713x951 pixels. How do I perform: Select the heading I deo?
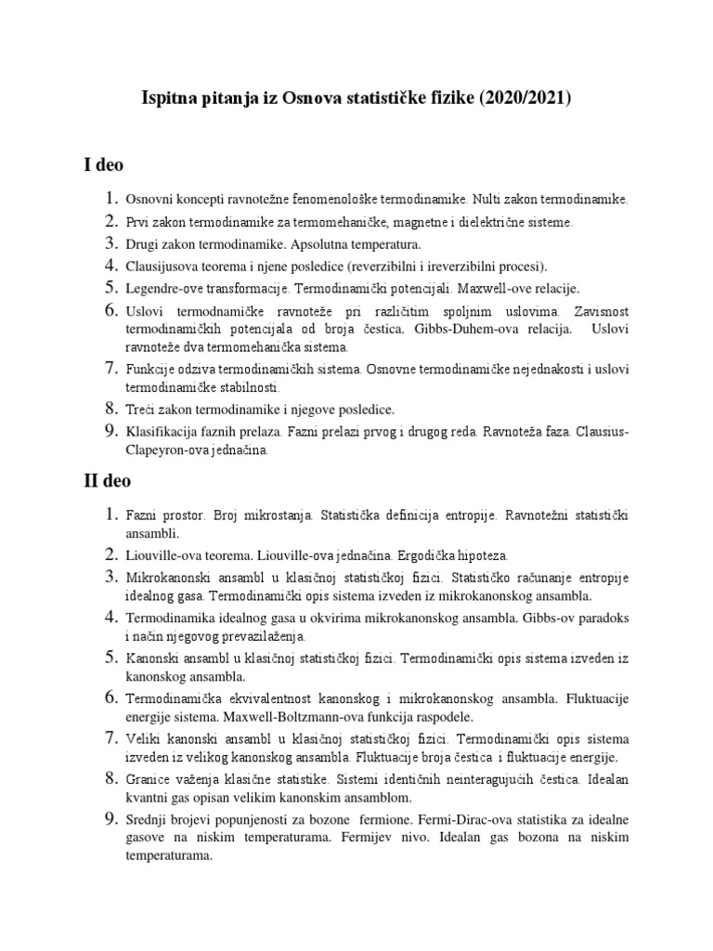[x=104, y=165]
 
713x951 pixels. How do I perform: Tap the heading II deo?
[x=108, y=481]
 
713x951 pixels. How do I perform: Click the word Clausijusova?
[x=164, y=267]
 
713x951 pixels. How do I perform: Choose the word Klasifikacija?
[x=166, y=432]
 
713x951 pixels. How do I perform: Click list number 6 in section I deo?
[x=110, y=310]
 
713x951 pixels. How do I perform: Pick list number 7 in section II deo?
[x=110, y=738]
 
